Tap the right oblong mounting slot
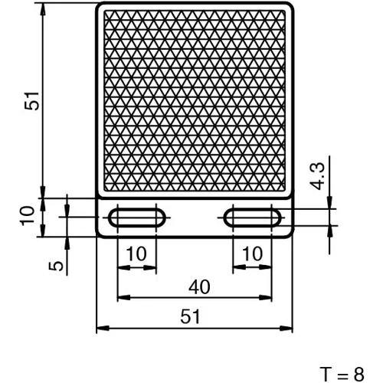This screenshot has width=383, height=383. coord(252,218)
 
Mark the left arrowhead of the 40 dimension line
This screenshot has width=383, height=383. coord(121,298)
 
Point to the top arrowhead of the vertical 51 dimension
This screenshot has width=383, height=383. coord(42,8)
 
